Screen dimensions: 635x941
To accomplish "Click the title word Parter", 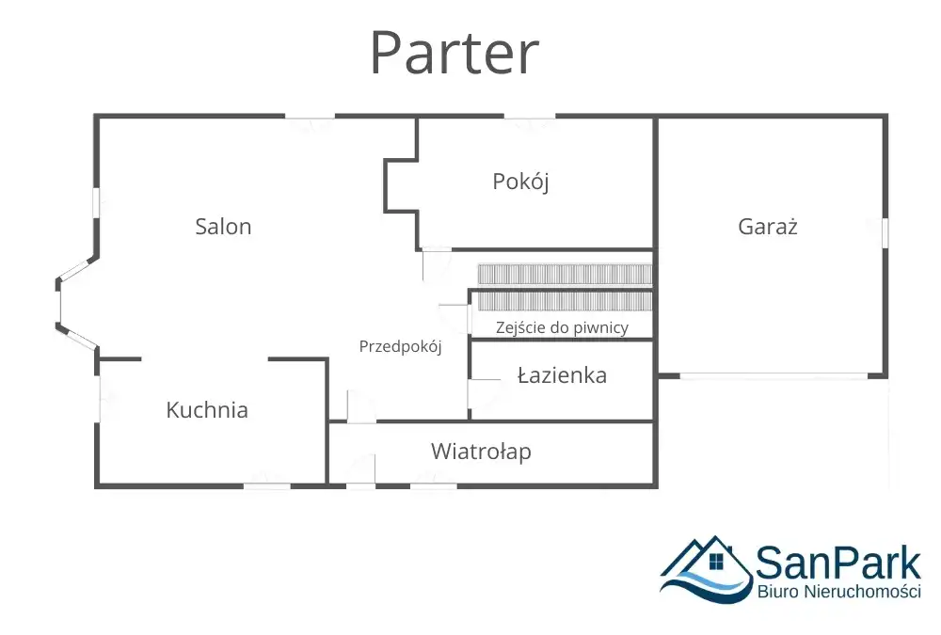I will click(x=454, y=54).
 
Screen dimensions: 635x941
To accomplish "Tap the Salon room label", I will click(x=223, y=226).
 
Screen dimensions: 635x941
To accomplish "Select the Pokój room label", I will click(x=520, y=181).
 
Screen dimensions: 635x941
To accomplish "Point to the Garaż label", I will click(x=768, y=226).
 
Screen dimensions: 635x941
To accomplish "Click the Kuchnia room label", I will click(x=207, y=409).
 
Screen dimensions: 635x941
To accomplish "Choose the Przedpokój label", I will click(x=400, y=346).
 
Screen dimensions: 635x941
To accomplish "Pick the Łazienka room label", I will click(x=562, y=375).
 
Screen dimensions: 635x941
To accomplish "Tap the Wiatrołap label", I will click(x=481, y=451).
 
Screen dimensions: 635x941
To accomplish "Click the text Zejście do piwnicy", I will click(x=562, y=327).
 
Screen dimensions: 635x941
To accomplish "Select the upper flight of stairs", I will click(x=565, y=274).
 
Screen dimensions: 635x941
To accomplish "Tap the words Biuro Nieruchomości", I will click(x=838, y=592).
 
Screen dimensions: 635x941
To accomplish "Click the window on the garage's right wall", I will click(x=885, y=232).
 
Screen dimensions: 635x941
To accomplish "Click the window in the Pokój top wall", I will click(x=529, y=118).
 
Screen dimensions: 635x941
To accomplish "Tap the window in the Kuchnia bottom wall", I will click(x=267, y=485).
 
